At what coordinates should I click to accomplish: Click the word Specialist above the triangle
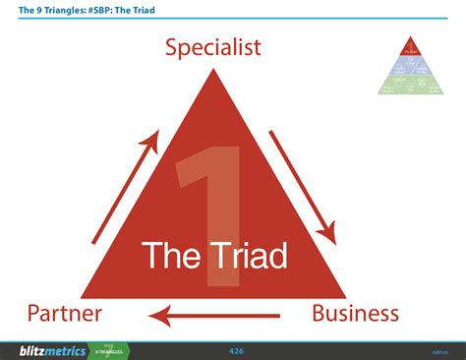(x=213, y=47)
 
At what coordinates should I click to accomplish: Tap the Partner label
(x=65, y=314)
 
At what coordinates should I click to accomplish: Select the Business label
(x=355, y=314)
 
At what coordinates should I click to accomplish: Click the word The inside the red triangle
(x=170, y=256)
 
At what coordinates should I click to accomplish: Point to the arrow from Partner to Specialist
(x=125, y=188)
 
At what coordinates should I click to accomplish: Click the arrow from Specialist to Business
(x=302, y=187)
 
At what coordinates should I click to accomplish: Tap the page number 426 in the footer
(x=236, y=350)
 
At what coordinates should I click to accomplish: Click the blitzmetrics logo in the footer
(x=52, y=350)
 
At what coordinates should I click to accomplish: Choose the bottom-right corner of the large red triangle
(x=345, y=296)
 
